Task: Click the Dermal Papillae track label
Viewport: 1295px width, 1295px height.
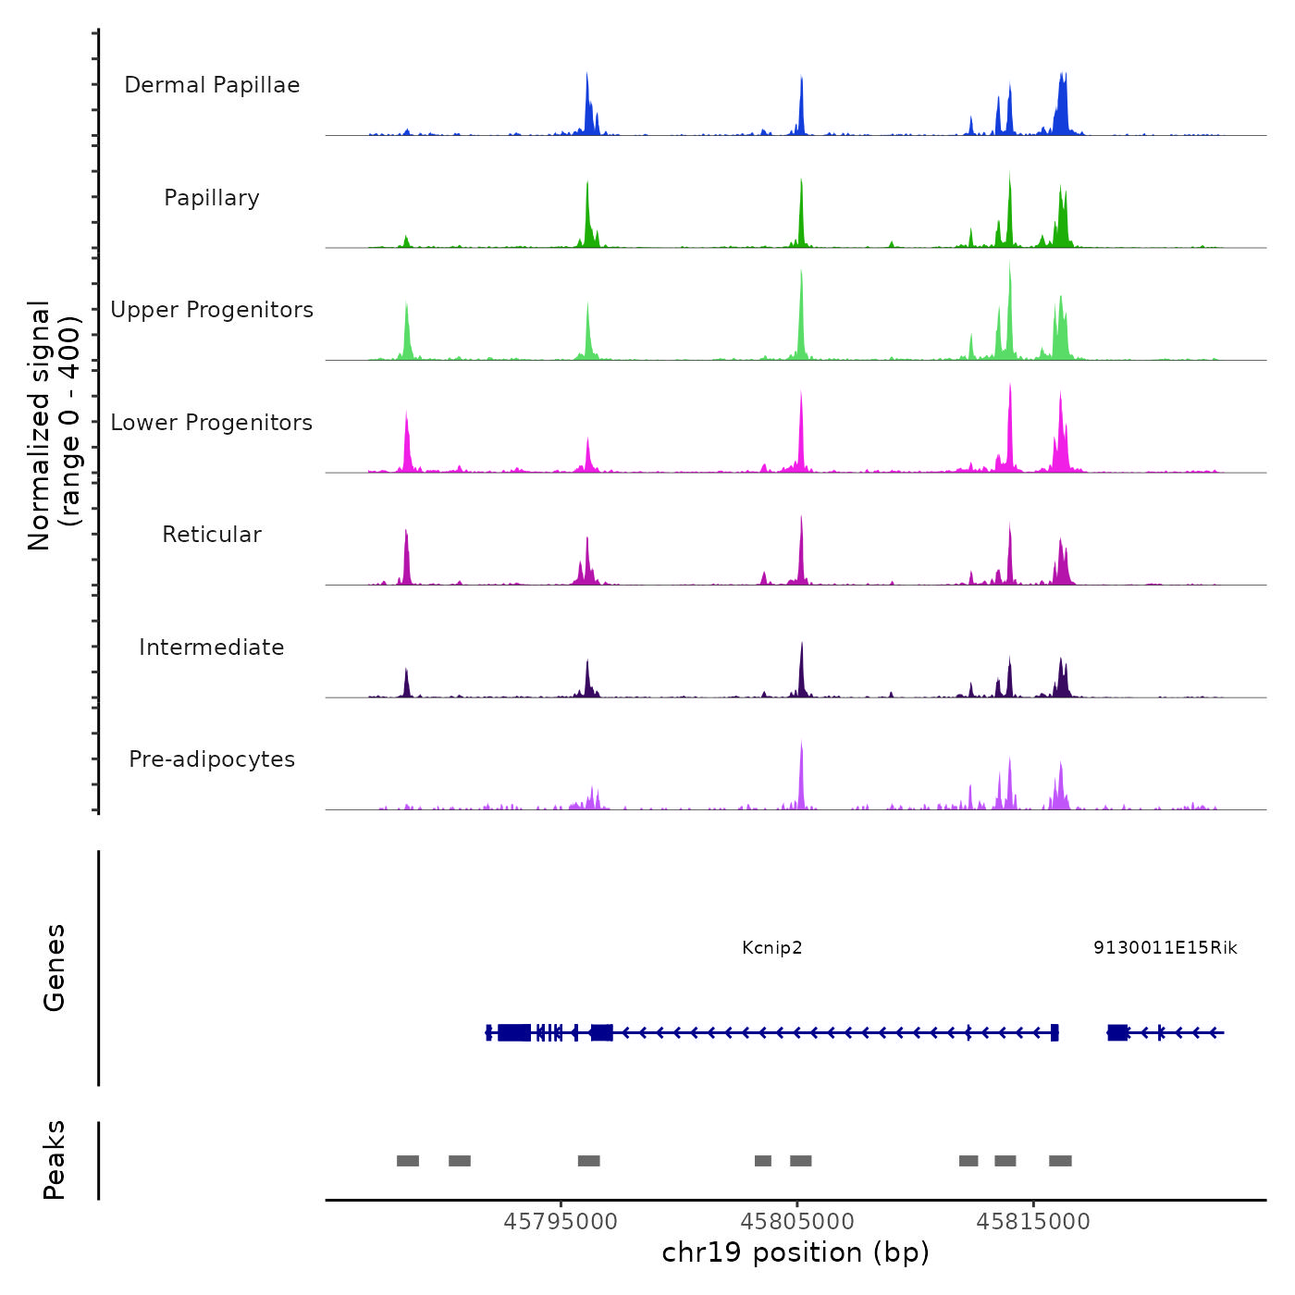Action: tap(212, 85)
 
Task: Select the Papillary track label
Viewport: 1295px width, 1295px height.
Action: tap(212, 198)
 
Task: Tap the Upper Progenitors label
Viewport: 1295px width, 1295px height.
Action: tap(212, 310)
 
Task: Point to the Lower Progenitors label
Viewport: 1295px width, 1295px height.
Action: tap(212, 423)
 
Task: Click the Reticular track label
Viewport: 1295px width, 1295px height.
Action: tap(212, 535)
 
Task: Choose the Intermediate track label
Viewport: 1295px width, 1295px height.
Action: tap(212, 647)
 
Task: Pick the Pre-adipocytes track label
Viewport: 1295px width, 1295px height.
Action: tap(212, 759)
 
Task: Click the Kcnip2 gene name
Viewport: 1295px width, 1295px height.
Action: tap(772, 948)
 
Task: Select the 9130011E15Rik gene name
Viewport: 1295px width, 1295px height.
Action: tap(1165, 948)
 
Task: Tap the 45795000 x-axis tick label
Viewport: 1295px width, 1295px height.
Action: tap(561, 1222)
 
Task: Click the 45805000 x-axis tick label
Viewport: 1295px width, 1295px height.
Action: tap(797, 1222)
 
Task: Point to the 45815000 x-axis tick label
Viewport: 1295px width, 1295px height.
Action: tap(1033, 1222)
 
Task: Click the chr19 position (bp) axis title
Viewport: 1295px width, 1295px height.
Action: tap(795, 1253)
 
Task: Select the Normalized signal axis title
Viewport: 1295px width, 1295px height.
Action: tap(54, 425)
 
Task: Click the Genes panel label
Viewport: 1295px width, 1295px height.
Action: tap(55, 968)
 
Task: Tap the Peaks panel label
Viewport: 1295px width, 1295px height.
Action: tap(55, 1160)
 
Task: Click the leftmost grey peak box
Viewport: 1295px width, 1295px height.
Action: tap(408, 1161)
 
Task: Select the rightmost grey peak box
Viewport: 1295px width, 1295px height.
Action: tap(1060, 1161)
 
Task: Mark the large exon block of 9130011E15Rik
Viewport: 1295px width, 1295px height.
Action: tap(1117, 1032)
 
